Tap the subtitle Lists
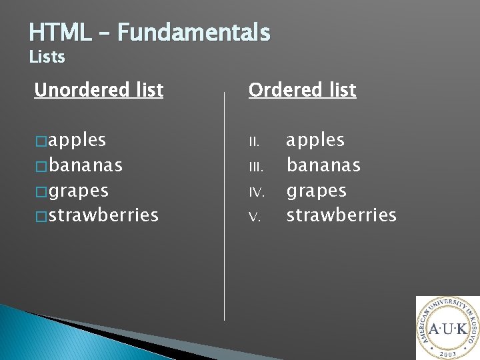tap(47, 57)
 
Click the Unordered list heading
tap(99, 90)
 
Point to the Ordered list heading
tap(303, 90)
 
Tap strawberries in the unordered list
tap(103, 215)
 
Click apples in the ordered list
tap(315, 141)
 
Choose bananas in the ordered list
tap(323, 165)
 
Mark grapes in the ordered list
tap(317, 191)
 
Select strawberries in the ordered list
tap(341, 215)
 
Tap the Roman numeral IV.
tap(257, 192)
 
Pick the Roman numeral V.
tap(253, 217)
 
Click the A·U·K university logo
tap(448, 328)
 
